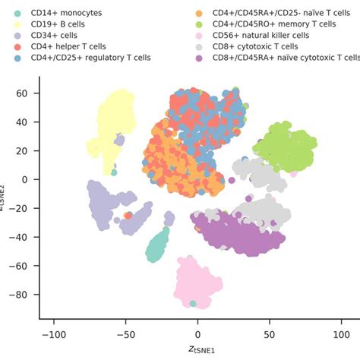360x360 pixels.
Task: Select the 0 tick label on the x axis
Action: point(197,333)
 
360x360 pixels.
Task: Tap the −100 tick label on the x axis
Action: point(53,333)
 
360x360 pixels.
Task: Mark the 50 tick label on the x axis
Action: point(270,333)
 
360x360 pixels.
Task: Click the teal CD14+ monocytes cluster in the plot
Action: point(158,246)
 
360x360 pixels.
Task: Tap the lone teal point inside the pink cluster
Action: point(193,304)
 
